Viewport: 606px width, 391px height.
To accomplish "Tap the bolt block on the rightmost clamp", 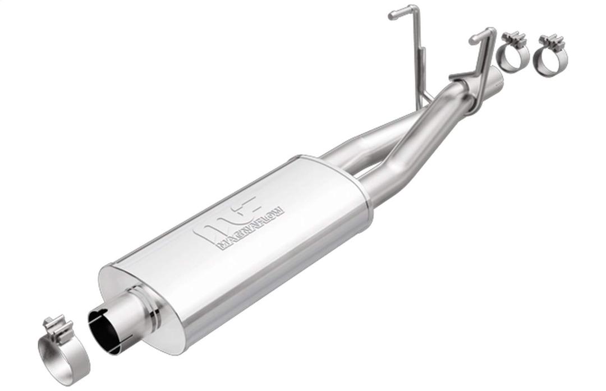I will pyautogui.click(x=551, y=40).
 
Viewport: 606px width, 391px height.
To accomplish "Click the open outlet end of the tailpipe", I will pyautogui.click(x=497, y=79).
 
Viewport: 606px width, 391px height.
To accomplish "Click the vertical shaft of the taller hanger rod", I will pyautogui.click(x=420, y=62).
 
